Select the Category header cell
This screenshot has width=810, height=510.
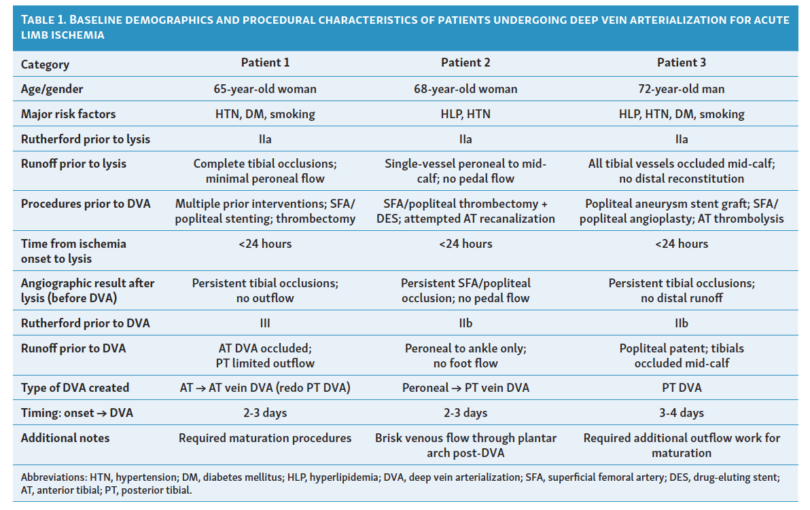coord(45,65)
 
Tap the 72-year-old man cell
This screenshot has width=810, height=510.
coord(682,89)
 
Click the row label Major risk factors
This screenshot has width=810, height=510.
coord(68,114)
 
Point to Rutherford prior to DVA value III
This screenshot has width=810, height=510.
coord(265,323)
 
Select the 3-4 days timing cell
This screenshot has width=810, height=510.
coord(682,413)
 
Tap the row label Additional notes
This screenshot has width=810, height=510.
coord(65,438)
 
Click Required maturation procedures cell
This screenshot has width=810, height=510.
coord(265,438)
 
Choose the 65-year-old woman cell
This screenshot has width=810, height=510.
coord(265,89)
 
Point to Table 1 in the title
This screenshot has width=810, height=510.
coord(44,20)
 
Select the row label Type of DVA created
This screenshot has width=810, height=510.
coord(75,388)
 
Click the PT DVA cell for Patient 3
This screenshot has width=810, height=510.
coord(682,388)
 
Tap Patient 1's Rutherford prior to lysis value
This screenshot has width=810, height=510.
coord(265,139)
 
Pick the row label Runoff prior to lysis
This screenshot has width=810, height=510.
coord(73,164)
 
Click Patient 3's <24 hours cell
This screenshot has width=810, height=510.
coord(682,244)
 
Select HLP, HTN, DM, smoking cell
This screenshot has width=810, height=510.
coord(682,114)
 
